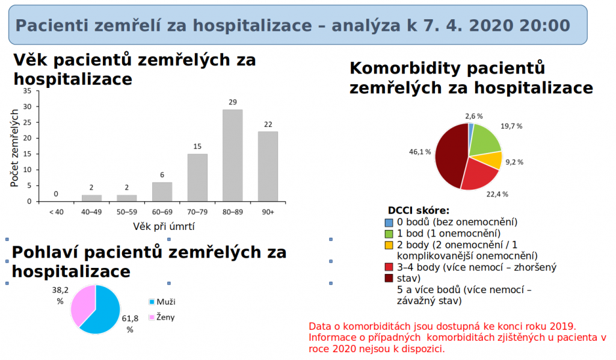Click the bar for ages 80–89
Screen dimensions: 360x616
[x=232, y=155]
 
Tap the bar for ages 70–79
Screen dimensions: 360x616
[x=197, y=178]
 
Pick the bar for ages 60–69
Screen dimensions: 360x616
[x=162, y=191]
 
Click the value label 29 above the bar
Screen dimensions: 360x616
[x=233, y=102]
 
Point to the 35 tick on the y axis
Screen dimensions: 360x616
[x=27, y=91]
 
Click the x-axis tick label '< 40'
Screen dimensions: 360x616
[x=56, y=212]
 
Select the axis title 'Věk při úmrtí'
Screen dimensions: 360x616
[x=164, y=227]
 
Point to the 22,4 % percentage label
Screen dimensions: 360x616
[x=497, y=194]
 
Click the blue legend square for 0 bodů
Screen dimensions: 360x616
[x=389, y=222]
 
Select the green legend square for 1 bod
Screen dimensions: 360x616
[x=389, y=234]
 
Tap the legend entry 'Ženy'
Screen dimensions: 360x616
[x=165, y=317]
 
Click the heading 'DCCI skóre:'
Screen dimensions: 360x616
[x=418, y=211]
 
